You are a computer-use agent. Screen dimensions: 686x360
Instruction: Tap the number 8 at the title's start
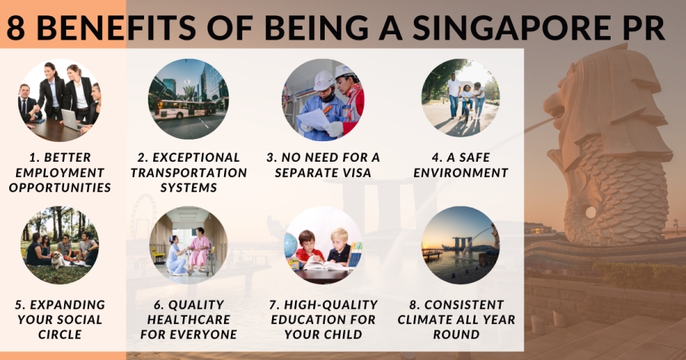(16, 28)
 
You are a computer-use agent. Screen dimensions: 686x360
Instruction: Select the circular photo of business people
(59, 100)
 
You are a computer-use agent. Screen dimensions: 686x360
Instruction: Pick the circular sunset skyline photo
(460, 246)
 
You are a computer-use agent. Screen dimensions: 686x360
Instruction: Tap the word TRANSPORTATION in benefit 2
(188, 172)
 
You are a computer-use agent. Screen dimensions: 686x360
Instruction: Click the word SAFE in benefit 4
(473, 157)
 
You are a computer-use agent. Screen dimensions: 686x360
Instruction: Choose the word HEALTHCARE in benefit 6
(188, 320)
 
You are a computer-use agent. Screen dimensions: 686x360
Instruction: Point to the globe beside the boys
(290, 246)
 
